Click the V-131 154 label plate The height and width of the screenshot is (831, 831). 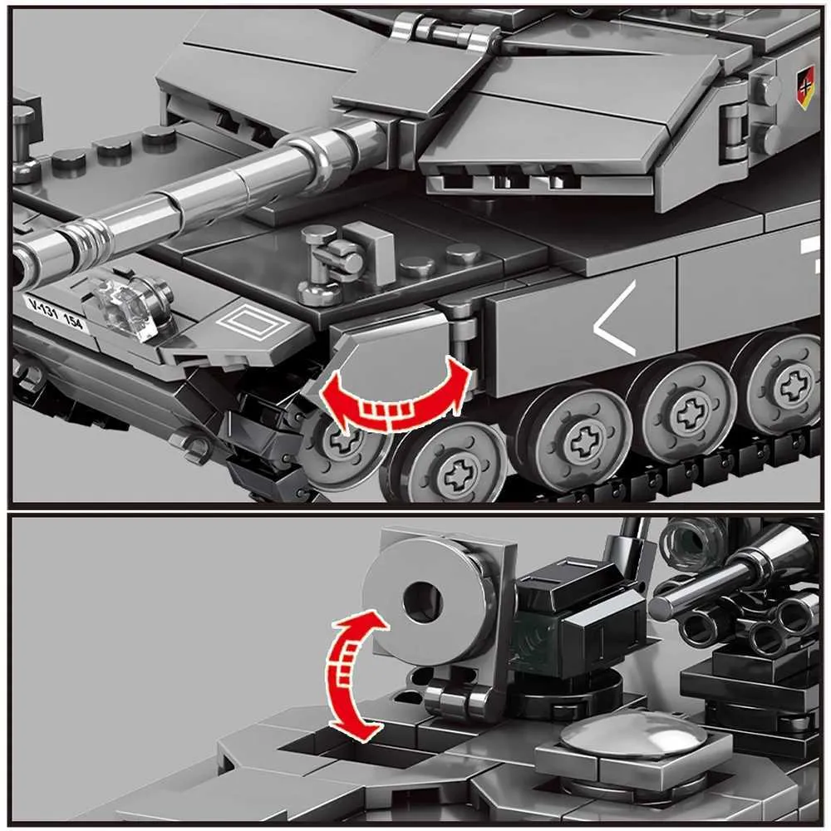point(56,313)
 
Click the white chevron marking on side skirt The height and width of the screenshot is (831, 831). point(615,318)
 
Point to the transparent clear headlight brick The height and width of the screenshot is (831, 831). point(127,309)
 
